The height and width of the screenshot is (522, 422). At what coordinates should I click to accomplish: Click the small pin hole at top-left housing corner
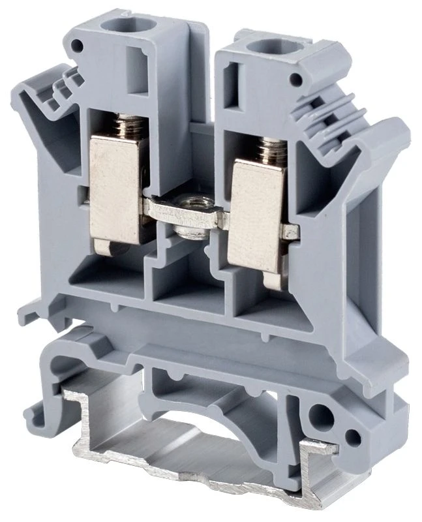click(x=78, y=46)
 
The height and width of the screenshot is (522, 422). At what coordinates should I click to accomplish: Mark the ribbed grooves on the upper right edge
click(x=323, y=108)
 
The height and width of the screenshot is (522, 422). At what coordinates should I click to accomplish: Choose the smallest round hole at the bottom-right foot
click(x=355, y=437)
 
